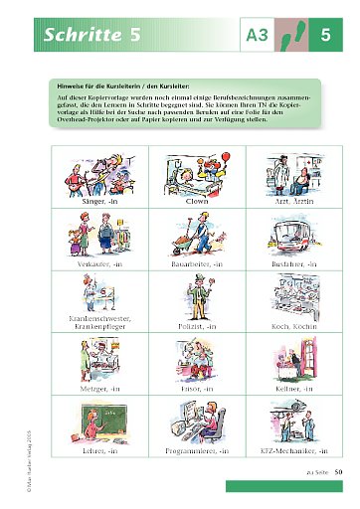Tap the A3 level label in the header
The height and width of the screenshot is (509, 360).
tap(257, 37)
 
